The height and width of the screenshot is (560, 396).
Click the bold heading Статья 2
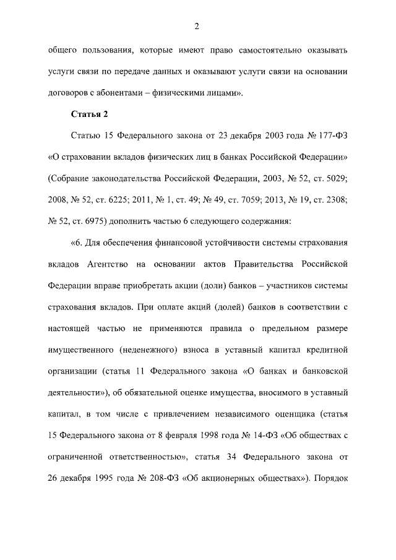click(91, 115)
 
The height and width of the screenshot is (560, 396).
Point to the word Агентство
click(108, 264)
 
